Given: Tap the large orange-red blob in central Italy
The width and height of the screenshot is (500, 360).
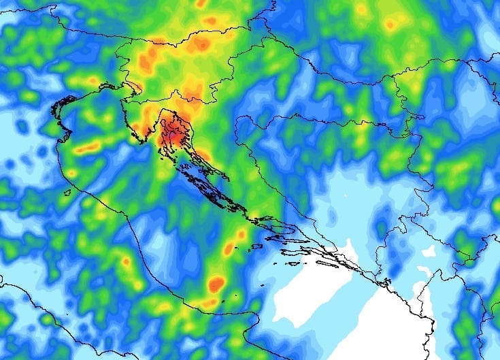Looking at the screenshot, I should [x=216, y=282].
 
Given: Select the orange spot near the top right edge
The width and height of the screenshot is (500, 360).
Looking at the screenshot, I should [x=390, y=25].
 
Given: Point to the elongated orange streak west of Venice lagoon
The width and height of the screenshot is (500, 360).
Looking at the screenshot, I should [x=88, y=147].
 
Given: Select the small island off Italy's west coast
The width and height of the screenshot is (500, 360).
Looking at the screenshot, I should [x=67, y=193].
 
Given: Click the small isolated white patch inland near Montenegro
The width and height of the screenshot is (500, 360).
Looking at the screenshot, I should [x=429, y=251].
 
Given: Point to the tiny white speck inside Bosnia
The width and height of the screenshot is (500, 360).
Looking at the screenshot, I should [x=345, y=198].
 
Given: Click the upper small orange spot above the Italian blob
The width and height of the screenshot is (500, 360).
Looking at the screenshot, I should [x=241, y=235].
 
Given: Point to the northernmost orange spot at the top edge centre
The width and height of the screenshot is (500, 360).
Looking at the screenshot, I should [x=202, y=4].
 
